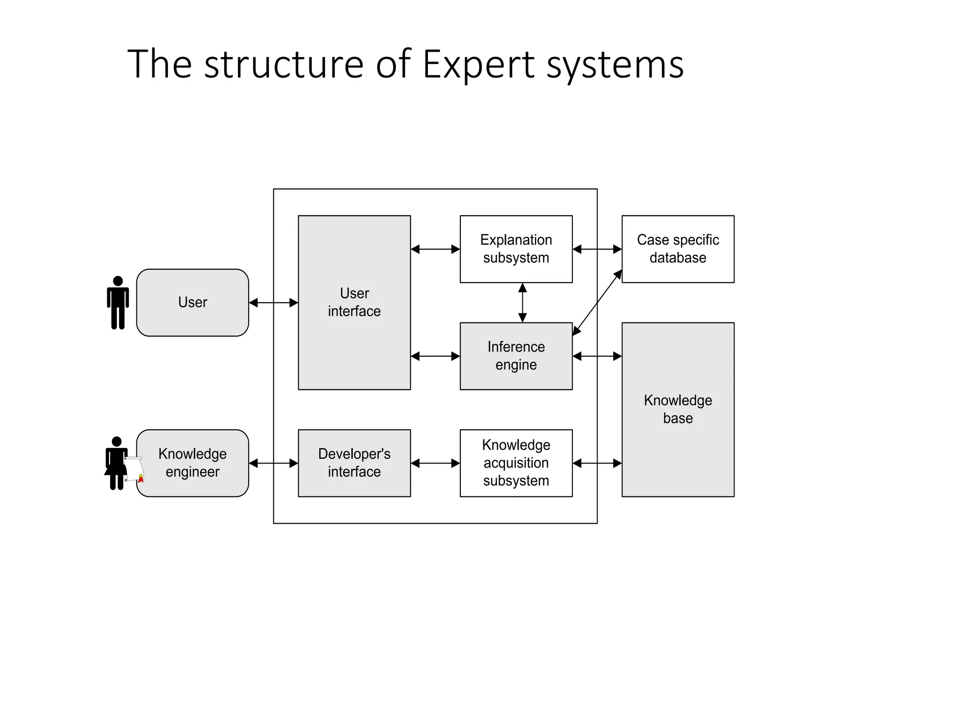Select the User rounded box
(x=192, y=302)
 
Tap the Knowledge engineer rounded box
(x=192, y=463)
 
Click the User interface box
(x=354, y=302)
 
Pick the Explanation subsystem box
(x=516, y=249)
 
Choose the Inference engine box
(x=516, y=356)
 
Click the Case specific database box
(x=678, y=249)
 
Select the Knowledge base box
(x=678, y=409)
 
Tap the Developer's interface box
(x=354, y=463)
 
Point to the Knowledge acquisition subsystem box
(x=516, y=463)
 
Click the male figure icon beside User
(x=118, y=302)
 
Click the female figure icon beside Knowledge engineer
(x=116, y=463)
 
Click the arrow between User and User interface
(x=273, y=303)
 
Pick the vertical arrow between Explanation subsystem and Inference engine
(x=522, y=302)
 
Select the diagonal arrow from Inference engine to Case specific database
(x=597, y=302)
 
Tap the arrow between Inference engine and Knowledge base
(x=597, y=356)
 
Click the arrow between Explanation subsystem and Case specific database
(x=597, y=249)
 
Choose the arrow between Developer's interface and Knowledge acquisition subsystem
(x=435, y=463)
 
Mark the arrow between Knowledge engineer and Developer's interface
(x=273, y=463)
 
